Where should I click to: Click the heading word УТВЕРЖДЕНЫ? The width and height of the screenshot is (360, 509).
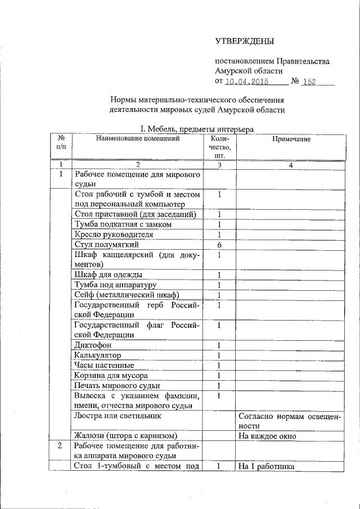coord(245,41)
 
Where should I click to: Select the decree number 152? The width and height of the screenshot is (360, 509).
coord(309,82)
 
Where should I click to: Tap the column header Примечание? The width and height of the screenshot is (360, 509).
coord(291,139)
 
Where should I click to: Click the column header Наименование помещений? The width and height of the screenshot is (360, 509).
coord(138,138)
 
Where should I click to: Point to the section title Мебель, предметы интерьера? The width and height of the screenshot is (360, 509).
coord(197,129)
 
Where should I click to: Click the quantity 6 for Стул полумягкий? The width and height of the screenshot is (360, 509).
coord(219,245)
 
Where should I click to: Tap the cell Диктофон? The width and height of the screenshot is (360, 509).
coord(93,345)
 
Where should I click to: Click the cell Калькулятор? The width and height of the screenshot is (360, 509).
coord(97,355)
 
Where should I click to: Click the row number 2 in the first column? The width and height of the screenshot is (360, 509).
coord(61,445)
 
